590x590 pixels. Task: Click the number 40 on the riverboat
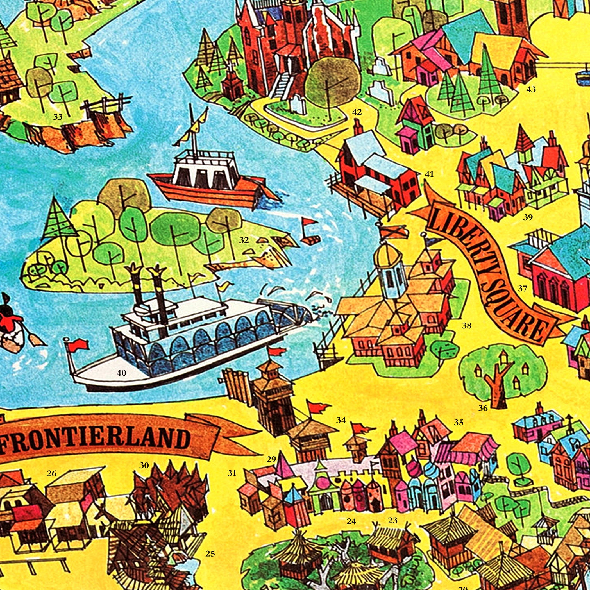[x=121, y=373]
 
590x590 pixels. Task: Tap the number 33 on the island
[x=58, y=117]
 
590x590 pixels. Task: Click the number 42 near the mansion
[x=357, y=112]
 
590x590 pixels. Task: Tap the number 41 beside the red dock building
[x=429, y=174]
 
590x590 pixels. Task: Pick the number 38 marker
[x=466, y=326]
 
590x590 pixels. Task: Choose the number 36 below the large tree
[x=483, y=408]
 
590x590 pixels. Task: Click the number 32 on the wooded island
[x=244, y=240]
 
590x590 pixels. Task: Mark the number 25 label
[x=210, y=545]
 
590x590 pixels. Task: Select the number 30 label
[x=144, y=466]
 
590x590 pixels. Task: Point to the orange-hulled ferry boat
[x=211, y=185]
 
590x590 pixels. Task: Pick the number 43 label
[x=531, y=89]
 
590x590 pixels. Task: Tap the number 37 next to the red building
[x=523, y=288]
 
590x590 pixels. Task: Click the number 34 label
[x=341, y=420]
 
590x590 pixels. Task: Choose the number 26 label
[x=52, y=473]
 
